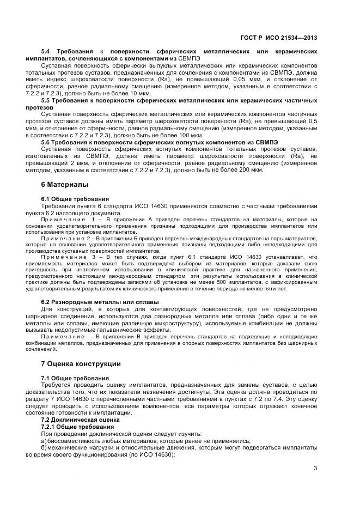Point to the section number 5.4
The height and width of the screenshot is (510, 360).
[x=46, y=51]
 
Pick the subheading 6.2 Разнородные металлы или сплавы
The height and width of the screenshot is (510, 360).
[x=100, y=302]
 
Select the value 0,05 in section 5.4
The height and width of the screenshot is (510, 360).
[x=232, y=78]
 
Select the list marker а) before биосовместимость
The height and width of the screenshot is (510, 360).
[x=44, y=441]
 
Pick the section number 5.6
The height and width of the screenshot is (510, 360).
[x=46, y=142]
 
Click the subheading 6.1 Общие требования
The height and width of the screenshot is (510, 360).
[x=75, y=199]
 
